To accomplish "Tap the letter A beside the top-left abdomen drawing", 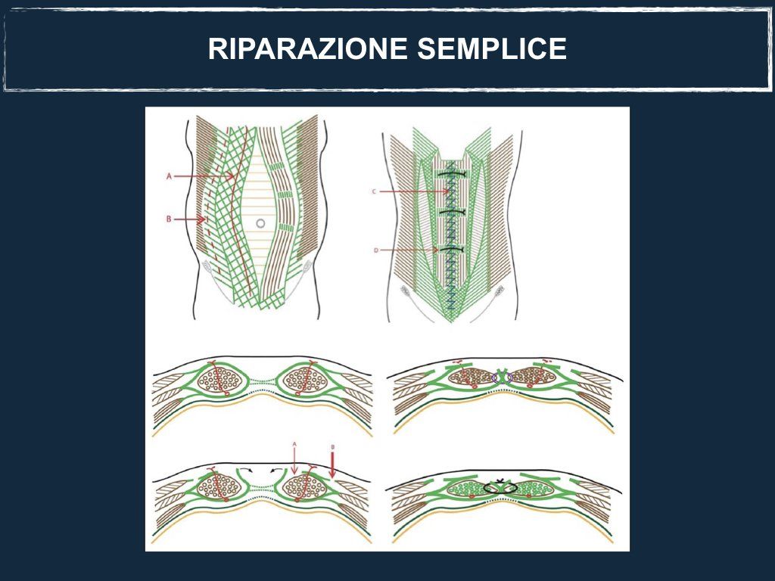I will click(169, 176).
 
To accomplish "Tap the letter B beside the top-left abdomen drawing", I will click(169, 219).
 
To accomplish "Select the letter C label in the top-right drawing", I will click(375, 192).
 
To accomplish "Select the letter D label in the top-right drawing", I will click(375, 249).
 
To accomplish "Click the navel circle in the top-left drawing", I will click(260, 223).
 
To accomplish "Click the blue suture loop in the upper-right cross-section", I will click(502, 377).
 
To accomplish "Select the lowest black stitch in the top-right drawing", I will click(453, 248).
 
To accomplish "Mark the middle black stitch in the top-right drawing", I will click(453, 210).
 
